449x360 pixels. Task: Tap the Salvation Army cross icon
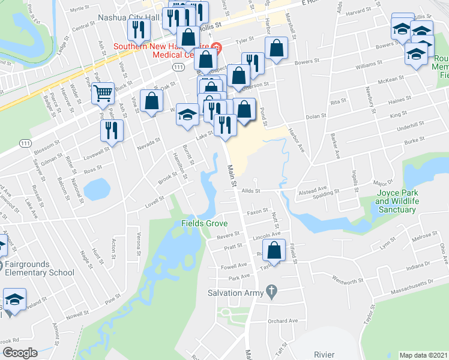[271, 290]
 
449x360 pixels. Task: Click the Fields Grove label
[205, 223]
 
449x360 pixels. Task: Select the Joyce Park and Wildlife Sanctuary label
[396, 201]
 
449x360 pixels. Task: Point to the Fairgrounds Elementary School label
[37, 268]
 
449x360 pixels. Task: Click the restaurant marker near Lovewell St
[112, 130]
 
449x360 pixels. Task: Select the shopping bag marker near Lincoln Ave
[274, 251]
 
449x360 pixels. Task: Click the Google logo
[19, 352]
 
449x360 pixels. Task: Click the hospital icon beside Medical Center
[217, 46]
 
